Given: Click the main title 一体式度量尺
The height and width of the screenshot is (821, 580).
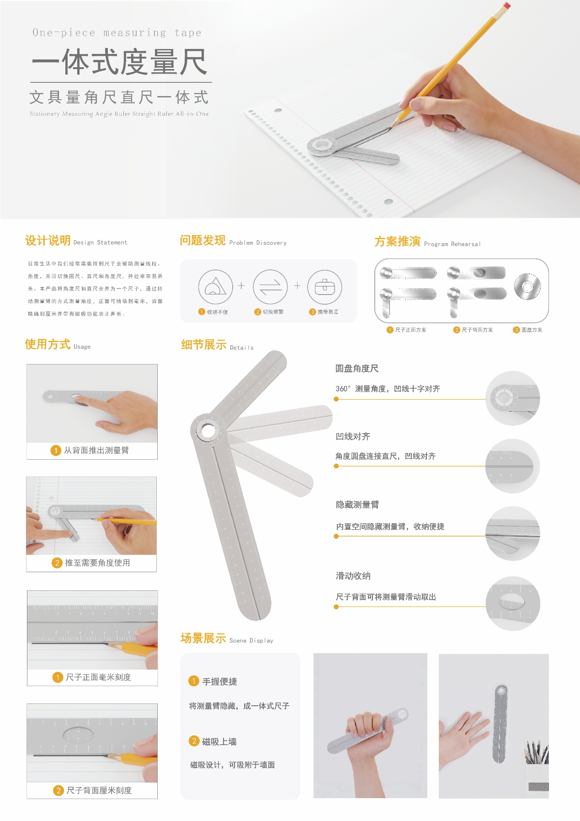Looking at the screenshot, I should coord(120,62).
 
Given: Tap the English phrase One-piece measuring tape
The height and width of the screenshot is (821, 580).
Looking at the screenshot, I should coord(117,32).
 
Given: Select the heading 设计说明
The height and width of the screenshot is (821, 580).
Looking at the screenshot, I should coord(48,241).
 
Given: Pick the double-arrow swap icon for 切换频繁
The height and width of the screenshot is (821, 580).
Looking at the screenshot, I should coord(270,287).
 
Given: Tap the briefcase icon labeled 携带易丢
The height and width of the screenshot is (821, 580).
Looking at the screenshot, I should coord(325,287).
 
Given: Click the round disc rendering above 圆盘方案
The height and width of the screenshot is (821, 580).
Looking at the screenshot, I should coord(527,286).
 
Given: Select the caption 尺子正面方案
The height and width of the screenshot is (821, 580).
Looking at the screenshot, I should coord(410,330).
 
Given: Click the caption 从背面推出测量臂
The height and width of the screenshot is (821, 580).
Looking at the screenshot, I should coord(96,451).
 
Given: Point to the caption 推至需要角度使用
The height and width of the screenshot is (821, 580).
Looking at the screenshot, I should coord(97,563).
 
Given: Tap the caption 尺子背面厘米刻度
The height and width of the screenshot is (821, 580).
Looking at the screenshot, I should coord(99,790).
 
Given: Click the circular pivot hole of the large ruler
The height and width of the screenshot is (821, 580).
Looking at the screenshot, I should coord(208,430).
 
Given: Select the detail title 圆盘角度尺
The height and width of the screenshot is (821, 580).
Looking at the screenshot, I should coord(357,369).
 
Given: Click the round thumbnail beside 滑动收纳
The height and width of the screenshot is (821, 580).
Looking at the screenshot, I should coord(512,603).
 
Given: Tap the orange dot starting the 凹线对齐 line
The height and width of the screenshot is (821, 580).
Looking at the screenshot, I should coord(336,466).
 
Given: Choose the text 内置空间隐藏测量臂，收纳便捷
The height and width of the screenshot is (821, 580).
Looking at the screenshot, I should coord(390,526).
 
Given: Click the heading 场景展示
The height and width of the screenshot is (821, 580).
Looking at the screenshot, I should coord(203,639).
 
